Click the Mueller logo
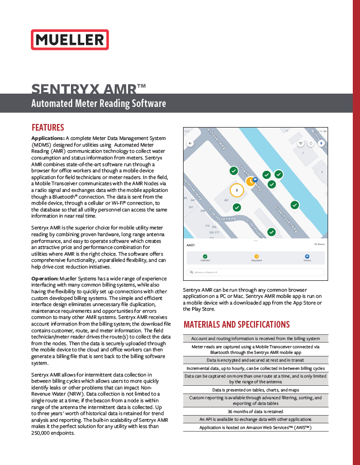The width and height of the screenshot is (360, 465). coord(69,40)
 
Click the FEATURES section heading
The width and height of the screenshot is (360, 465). coord(48,128)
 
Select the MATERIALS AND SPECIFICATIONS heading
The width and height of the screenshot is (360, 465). coord(237,325)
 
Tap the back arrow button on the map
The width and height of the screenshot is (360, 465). coord(190,144)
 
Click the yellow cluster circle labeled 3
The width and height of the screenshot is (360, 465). coord(236,190)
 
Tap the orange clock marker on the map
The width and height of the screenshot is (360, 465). coord(249,182)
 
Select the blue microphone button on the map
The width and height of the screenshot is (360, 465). coord(322,144)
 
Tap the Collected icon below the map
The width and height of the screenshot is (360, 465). coord(205,256)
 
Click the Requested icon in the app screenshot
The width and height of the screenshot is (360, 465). coord(257,256)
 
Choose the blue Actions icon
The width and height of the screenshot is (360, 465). coord(307,256)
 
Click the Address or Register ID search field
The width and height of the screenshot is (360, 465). coord(256,272)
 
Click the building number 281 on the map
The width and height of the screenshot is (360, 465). coord(226,200)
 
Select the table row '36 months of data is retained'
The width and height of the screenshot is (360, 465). coord(256,412)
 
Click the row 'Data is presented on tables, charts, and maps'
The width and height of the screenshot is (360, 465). coord(256,390)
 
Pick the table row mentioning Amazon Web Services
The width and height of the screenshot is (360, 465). coord(256,427)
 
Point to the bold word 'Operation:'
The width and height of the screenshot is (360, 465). coord(46,278)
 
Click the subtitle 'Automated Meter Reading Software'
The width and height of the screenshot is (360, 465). coord(99,103)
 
